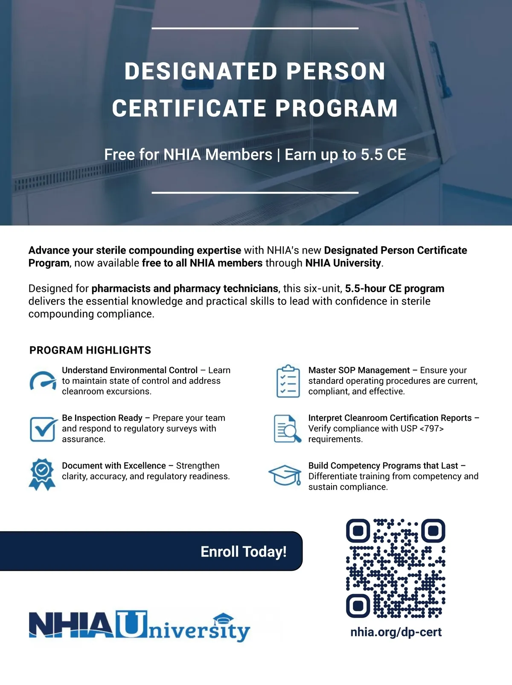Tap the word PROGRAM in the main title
pos(337,108)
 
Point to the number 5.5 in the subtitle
pos(372,155)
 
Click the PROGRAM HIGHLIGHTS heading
pos(90,350)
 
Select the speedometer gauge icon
pos(43,381)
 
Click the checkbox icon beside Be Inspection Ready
pos(43,429)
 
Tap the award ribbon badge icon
pos(42,474)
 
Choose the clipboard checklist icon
pos(288,381)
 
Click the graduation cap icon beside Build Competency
pos(285,475)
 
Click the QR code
pos(396,568)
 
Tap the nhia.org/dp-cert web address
pos(396,632)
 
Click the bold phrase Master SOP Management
pos(359,370)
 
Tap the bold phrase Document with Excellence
pos(113,466)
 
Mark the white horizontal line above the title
pos(255,29)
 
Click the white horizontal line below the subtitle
pos(255,192)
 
